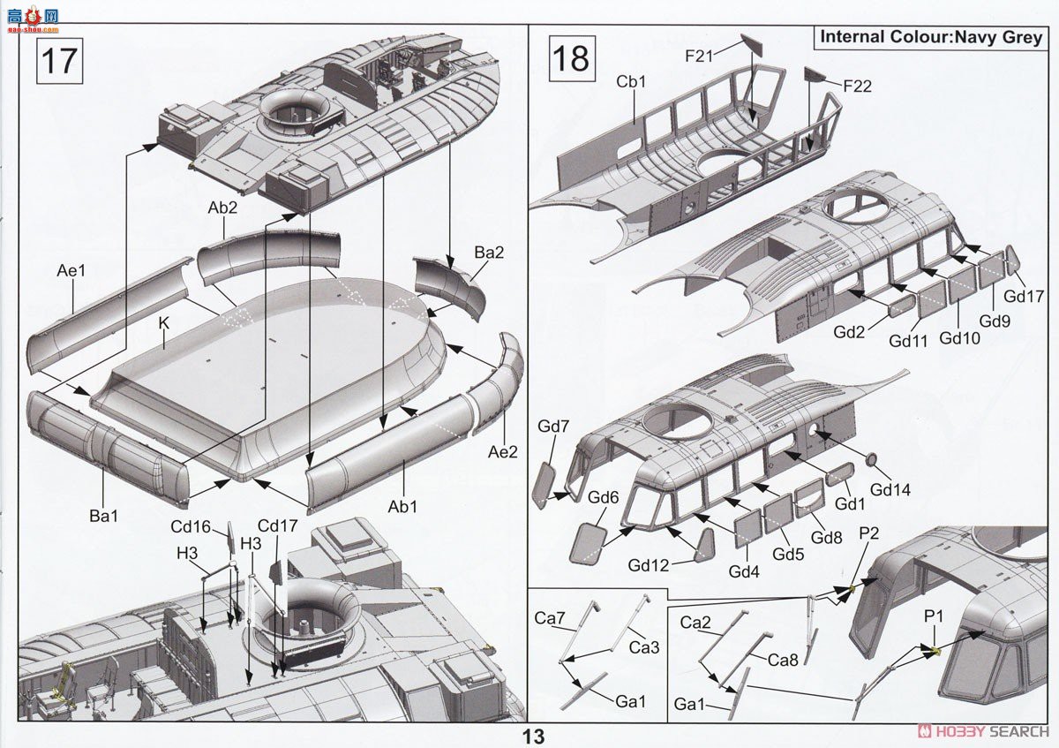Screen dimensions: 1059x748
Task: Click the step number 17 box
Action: point(60,61)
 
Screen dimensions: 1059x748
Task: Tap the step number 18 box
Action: point(572,58)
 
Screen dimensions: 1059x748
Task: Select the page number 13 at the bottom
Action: point(533,737)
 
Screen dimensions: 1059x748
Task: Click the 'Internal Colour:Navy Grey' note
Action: point(931,37)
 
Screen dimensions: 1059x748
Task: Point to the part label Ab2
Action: point(222,208)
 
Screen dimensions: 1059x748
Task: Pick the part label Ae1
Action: point(71,270)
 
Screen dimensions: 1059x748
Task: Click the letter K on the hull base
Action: point(163,323)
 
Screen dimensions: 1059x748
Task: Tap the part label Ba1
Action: point(103,516)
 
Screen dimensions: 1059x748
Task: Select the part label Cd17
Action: point(277,525)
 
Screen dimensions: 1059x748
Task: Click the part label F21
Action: point(699,57)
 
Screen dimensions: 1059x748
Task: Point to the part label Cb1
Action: point(631,81)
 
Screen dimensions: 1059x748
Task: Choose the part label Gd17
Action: point(1024,297)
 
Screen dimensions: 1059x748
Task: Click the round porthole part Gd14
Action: point(871,460)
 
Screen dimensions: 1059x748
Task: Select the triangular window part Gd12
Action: point(704,545)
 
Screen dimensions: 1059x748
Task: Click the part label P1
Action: point(934,616)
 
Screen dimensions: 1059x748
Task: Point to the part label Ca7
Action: point(549,618)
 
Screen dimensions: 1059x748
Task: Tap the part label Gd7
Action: point(552,427)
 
